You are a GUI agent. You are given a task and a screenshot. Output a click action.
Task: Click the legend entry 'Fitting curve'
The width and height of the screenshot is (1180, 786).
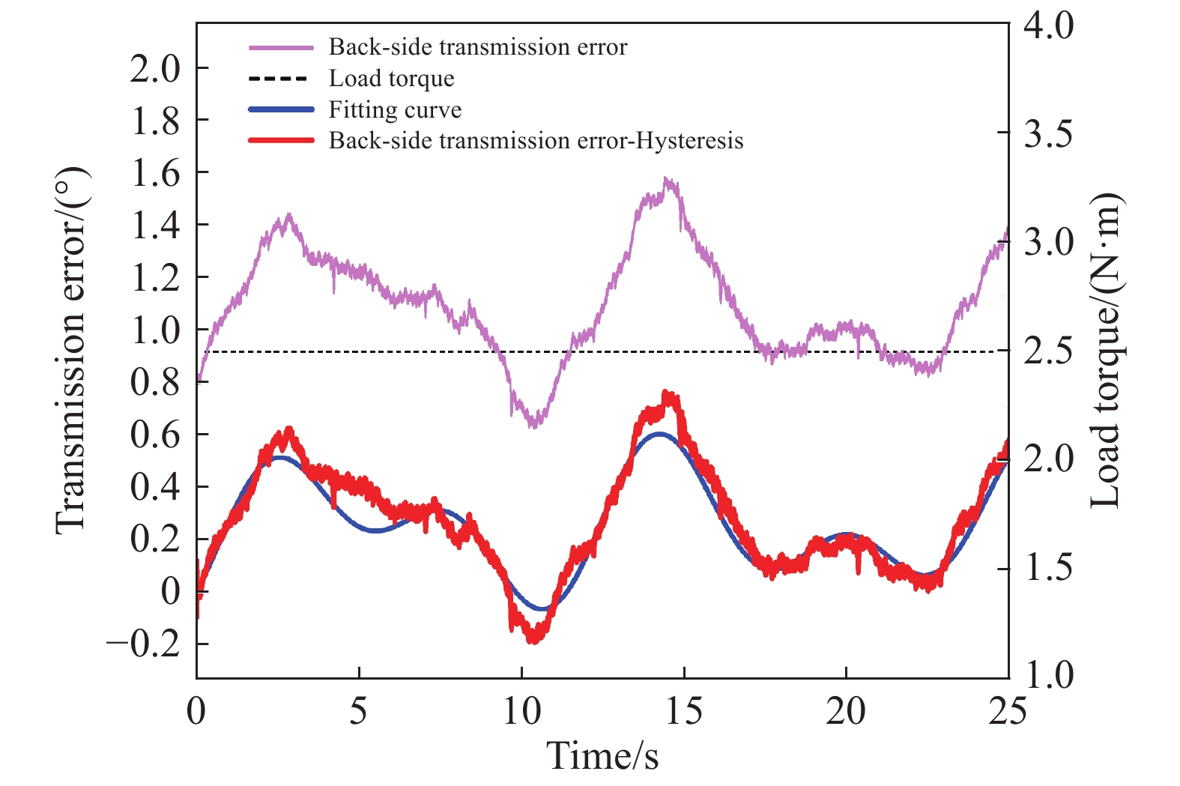[x=395, y=110]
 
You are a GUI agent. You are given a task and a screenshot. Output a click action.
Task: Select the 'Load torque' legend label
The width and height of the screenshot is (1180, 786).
[x=391, y=79]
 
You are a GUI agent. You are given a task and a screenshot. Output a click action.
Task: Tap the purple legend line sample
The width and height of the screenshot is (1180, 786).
[x=281, y=47]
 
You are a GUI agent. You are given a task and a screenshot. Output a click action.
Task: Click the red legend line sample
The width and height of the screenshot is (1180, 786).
[x=281, y=141]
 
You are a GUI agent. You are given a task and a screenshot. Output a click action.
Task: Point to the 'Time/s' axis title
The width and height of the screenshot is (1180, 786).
[x=602, y=755]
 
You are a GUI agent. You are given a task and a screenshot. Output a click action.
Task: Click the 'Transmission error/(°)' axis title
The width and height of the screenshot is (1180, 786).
[x=72, y=351]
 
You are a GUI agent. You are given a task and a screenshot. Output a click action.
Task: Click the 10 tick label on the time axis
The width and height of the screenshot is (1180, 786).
[x=521, y=711]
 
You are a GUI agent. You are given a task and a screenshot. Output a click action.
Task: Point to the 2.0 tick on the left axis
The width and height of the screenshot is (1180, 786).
[x=156, y=69]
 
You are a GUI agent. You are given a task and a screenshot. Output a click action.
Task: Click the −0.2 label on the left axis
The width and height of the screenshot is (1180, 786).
[x=144, y=644]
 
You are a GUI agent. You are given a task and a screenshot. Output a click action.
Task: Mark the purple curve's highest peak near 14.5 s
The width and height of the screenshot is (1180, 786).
[x=668, y=180]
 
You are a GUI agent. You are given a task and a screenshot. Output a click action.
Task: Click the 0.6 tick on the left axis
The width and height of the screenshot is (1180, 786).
[x=156, y=435]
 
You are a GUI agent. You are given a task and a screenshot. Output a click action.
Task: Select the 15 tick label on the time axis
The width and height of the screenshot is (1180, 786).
[x=684, y=711]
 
